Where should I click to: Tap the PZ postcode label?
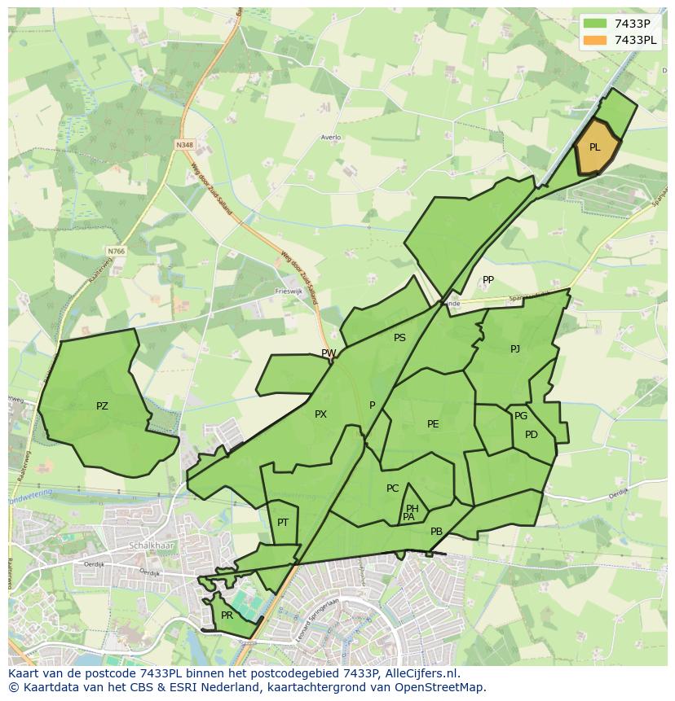pos(102,406)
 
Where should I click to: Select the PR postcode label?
pos(227,616)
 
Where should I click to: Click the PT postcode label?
pos(283,523)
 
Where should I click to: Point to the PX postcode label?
pos(320,414)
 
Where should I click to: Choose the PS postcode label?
pos(399,338)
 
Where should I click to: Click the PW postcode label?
pos(329,353)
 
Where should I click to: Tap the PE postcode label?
pos(433,424)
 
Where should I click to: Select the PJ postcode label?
pos(515,349)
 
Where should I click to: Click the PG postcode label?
pos(521,416)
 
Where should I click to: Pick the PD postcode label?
pos(532,435)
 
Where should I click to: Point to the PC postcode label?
pos(393,489)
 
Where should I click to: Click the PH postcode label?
pos(412,509)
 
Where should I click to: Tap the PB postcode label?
pos(436,532)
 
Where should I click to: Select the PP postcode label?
pos(488,280)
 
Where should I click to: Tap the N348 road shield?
pos(184,145)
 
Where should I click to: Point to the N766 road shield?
pos(116,252)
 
